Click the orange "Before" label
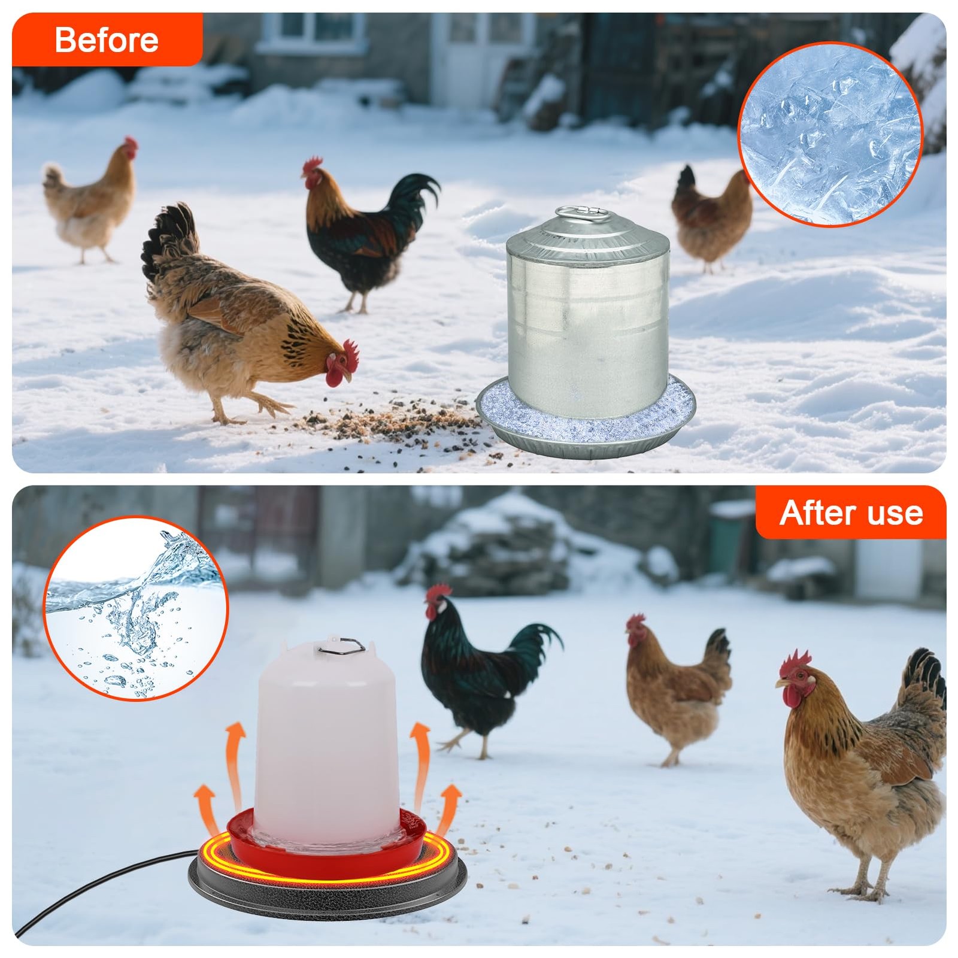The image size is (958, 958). [107, 40]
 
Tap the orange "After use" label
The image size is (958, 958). [851, 513]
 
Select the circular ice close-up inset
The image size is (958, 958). [830, 134]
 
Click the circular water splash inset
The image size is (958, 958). [136, 608]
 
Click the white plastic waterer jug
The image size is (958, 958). [327, 742]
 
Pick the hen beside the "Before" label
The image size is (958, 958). [90, 201]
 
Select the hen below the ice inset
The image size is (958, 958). [711, 219]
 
